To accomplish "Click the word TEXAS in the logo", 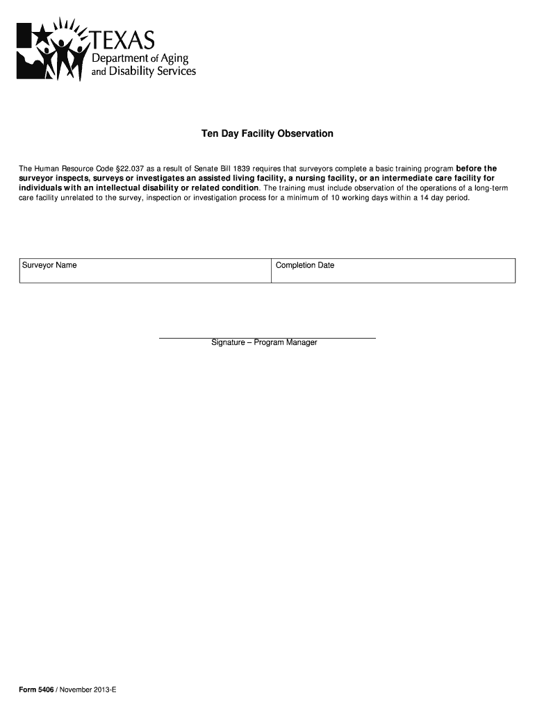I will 124,39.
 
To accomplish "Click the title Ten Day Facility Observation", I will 267,133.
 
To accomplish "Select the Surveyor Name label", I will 49,265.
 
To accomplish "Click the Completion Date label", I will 305,265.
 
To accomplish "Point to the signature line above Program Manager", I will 267,337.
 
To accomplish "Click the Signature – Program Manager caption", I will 265,343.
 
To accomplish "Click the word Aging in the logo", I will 174,58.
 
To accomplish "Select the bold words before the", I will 476,169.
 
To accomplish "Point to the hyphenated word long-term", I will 477,188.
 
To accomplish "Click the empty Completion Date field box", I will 393,275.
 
